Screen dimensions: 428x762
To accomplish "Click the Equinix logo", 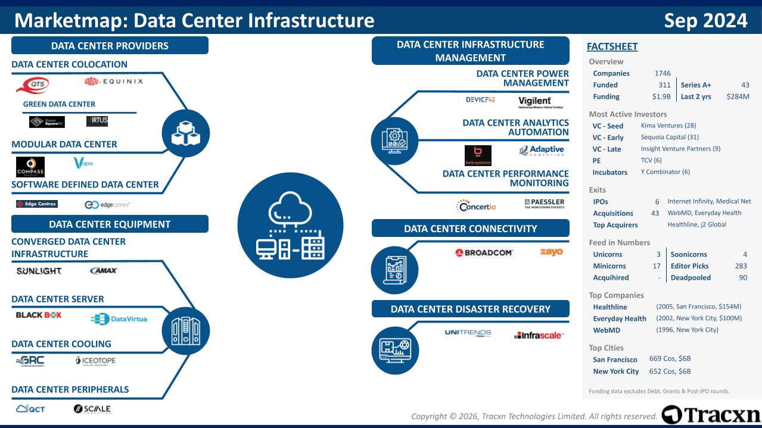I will click(x=114, y=81).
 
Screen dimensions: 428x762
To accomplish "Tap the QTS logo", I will click(x=32, y=85).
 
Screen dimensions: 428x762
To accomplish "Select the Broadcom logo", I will click(x=484, y=252).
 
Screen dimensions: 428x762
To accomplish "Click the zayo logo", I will click(x=551, y=252).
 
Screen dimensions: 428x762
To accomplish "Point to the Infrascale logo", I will click(x=538, y=335).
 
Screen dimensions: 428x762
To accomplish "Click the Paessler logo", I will click(x=544, y=204).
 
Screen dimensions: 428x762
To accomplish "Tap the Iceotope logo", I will click(x=95, y=360).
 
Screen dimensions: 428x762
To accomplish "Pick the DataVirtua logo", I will click(x=119, y=319).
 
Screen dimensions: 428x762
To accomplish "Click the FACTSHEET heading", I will click(x=612, y=46).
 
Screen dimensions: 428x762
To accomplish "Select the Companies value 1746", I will click(x=662, y=73).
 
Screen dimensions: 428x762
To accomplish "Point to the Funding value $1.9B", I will click(x=661, y=96).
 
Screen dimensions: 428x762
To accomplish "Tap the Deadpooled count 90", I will click(x=742, y=277).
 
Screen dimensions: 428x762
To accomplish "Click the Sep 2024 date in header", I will click(x=705, y=21).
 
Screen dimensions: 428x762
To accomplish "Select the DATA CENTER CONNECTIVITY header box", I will click(x=470, y=229).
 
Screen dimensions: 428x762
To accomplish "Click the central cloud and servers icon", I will click(x=290, y=225).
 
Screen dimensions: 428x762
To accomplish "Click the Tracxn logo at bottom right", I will click(x=711, y=414).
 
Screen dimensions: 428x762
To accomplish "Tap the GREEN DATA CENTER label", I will click(x=59, y=104).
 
